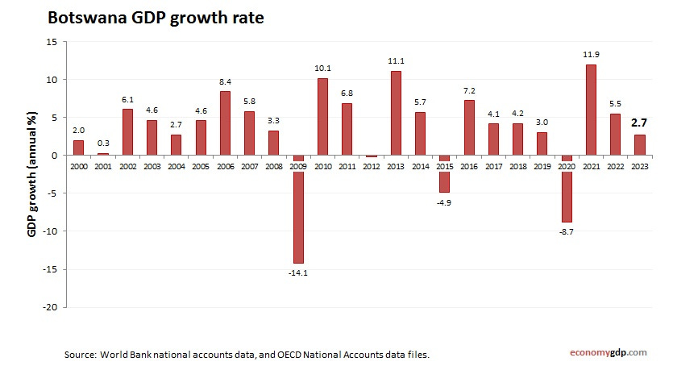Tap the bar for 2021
(x=590, y=110)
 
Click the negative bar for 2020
(x=566, y=190)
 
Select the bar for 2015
(x=444, y=175)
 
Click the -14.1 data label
(x=297, y=272)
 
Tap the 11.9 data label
(x=590, y=56)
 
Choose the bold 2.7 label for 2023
(x=639, y=123)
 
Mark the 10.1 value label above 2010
(x=322, y=69)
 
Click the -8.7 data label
(x=566, y=231)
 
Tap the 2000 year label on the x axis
(x=78, y=165)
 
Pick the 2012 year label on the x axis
(x=371, y=165)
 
